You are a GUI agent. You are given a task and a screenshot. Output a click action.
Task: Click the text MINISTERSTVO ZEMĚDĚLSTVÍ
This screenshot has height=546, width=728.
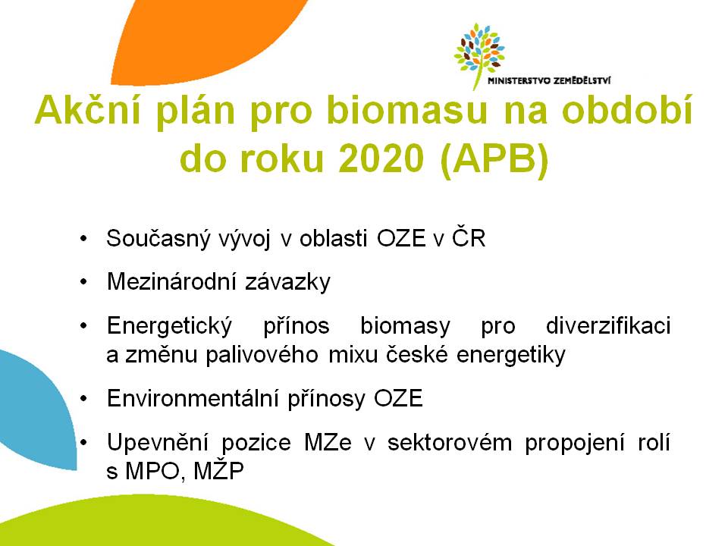549,81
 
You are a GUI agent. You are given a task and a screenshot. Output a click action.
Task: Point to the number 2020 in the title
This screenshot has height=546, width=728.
381,158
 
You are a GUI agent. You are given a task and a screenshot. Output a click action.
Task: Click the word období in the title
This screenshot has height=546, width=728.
627,110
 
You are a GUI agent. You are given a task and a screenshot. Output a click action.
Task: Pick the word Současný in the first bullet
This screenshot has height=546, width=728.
158,239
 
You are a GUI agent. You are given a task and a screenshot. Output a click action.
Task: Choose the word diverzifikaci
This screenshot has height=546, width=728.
608,325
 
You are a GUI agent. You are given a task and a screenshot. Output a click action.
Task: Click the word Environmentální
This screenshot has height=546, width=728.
192,398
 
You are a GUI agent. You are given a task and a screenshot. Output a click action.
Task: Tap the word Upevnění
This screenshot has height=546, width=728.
158,443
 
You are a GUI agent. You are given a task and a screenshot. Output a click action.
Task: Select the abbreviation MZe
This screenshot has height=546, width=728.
328,442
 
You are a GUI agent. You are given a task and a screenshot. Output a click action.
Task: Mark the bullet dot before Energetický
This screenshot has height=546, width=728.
83,326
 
